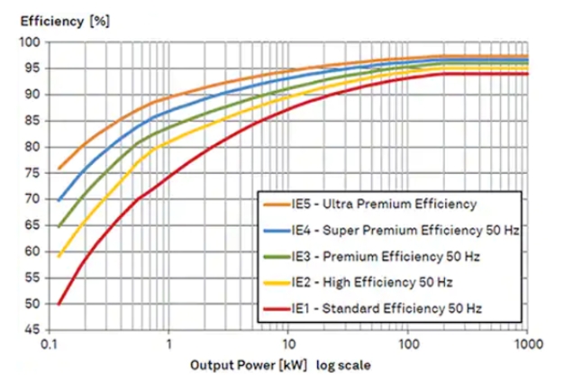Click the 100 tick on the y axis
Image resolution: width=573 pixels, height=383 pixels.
click(x=30, y=42)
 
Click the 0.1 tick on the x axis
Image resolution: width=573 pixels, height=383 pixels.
click(x=50, y=343)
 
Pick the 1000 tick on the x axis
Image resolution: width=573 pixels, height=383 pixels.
click(x=527, y=343)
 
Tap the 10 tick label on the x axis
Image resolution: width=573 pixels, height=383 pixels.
click(x=287, y=343)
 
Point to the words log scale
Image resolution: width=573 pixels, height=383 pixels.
click(x=337, y=368)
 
